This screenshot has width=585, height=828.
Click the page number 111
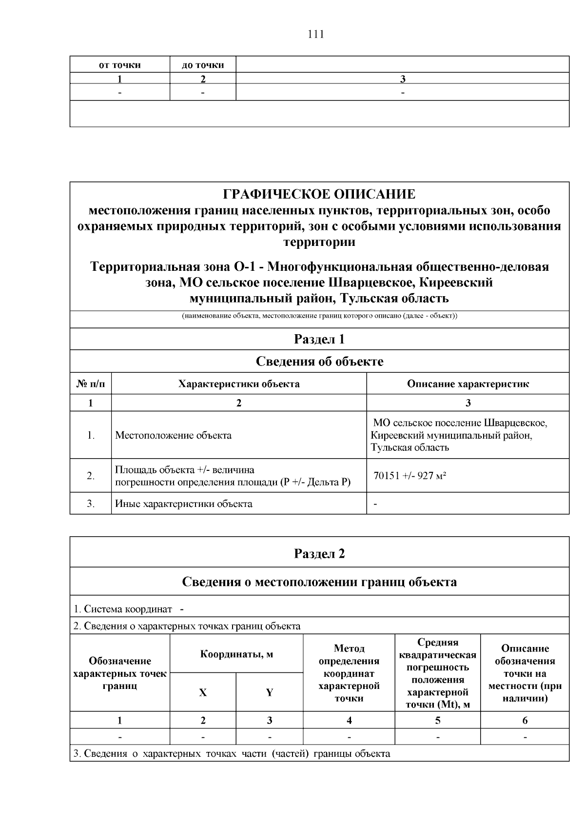316,34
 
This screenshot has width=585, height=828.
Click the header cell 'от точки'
120,65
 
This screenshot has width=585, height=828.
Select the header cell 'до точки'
203,65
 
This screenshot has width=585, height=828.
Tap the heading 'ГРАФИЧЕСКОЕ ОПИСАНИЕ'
319,194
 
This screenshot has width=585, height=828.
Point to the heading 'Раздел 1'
319,339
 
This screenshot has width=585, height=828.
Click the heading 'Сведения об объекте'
319,362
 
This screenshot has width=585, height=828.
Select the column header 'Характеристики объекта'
239,384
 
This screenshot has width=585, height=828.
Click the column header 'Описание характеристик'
468,384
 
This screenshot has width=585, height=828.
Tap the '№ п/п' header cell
91,384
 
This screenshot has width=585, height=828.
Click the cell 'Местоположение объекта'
174,435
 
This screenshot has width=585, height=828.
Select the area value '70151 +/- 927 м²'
410,476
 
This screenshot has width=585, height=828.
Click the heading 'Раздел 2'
319,554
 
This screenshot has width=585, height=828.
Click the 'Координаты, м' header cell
236,654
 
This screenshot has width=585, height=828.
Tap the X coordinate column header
203,692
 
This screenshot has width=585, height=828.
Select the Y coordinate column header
269,692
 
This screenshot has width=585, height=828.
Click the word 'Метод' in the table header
349,648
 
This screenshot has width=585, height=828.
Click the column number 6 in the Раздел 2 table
525,720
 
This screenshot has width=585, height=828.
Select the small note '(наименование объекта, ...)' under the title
319,316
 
